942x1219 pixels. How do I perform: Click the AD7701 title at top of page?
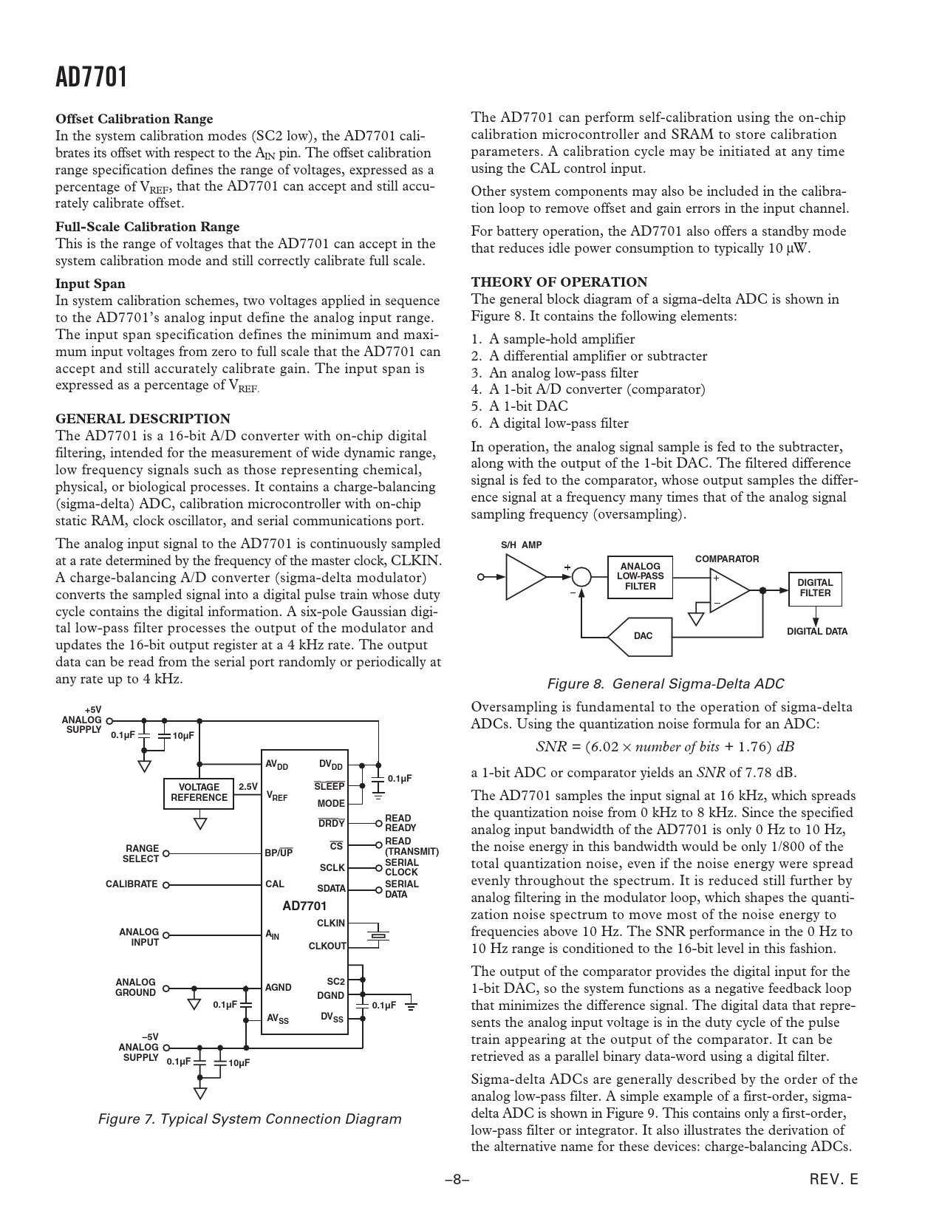click(x=92, y=77)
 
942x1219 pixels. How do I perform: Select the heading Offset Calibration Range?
click(x=134, y=119)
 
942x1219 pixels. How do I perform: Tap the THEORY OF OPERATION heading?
click(x=559, y=282)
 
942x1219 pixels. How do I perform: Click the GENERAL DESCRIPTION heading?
click(x=143, y=419)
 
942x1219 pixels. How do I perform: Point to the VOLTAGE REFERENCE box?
click(x=199, y=792)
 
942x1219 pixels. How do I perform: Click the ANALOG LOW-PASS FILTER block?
click(x=640, y=576)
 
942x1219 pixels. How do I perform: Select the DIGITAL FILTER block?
click(x=814, y=588)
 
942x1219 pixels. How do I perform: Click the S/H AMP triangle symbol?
click(x=525, y=577)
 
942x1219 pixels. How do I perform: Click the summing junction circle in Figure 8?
click(x=581, y=576)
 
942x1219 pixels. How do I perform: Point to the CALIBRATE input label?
click(x=132, y=884)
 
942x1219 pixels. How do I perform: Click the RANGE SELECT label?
click(x=141, y=854)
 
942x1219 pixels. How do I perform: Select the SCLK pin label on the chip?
click(x=332, y=867)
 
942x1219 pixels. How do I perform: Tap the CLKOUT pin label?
click(x=327, y=946)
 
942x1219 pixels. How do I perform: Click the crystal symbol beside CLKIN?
click(x=378, y=935)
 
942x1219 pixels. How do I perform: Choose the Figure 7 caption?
click(x=250, y=1119)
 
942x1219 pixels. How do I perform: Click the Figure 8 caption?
click(x=665, y=684)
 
